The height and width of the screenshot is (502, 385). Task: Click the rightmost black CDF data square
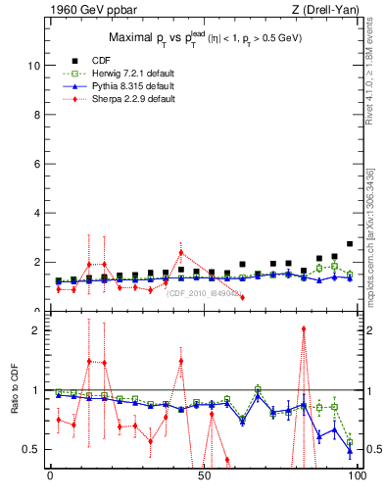(x=350, y=244)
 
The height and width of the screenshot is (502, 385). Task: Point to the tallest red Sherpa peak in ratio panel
(x=304, y=329)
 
